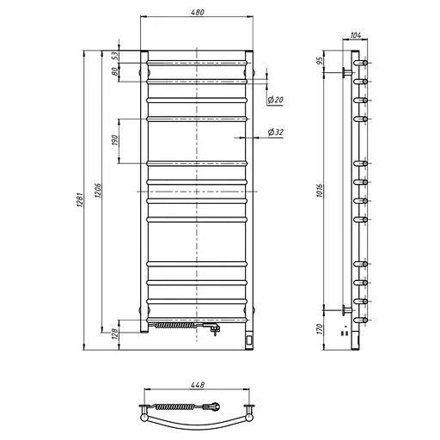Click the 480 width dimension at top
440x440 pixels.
[198, 12]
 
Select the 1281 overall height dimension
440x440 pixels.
[80, 200]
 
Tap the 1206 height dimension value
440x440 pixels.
[98, 191]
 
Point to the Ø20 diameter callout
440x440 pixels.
[275, 100]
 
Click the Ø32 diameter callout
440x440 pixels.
[276, 132]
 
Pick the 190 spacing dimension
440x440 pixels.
[114, 140]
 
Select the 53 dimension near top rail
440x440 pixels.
[114, 56]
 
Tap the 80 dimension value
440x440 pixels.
[114, 71]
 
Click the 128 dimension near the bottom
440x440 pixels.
[114, 334]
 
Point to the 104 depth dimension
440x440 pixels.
[356, 35]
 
